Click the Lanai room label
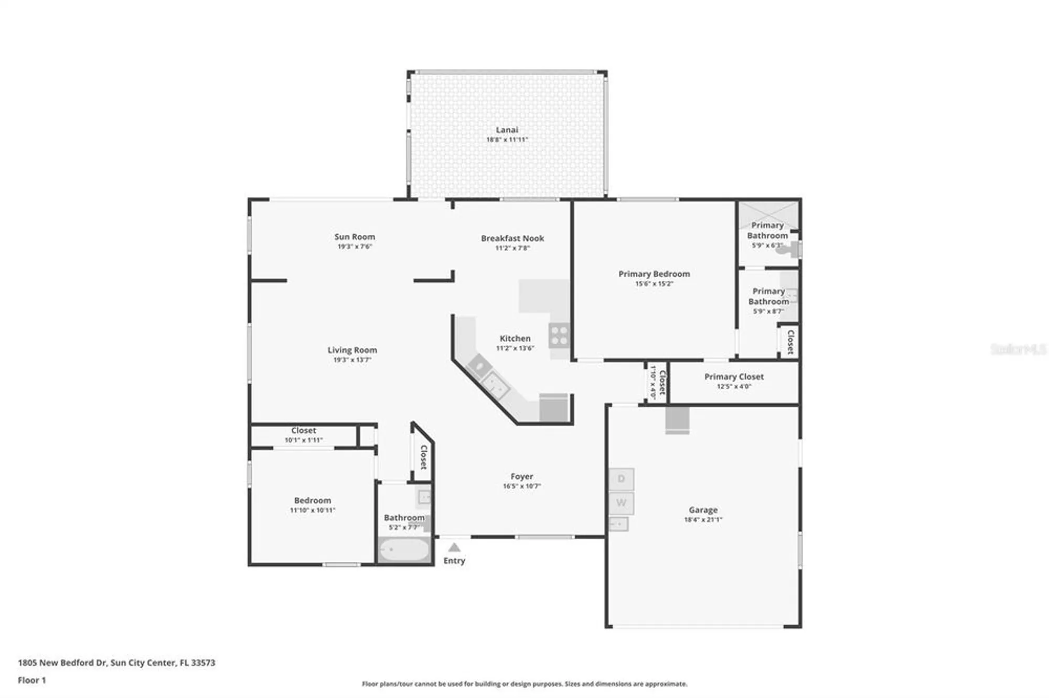(x=507, y=130)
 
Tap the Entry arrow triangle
(x=454, y=548)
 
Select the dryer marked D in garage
(x=621, y=479)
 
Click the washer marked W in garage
(x=621, y=503)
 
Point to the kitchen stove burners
(x=559, y=335)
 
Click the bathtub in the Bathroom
(x=404, y=550)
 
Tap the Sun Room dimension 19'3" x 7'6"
(x=355, y=247)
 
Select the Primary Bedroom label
(x=654, y=274)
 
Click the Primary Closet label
(x=734, y=377)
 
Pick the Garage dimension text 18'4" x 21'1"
(x=703, y=520)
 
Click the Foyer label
(x=521, y=477)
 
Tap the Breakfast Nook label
(x=512, y=238)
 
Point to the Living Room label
(x=352, y=350)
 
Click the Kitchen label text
(x=515, y=339)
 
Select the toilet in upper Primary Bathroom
(x=790, y=250)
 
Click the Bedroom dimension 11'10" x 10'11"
(x=313, y=510)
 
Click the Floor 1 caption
(x=32, y=680)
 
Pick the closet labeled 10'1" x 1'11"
(x=303, y=435)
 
